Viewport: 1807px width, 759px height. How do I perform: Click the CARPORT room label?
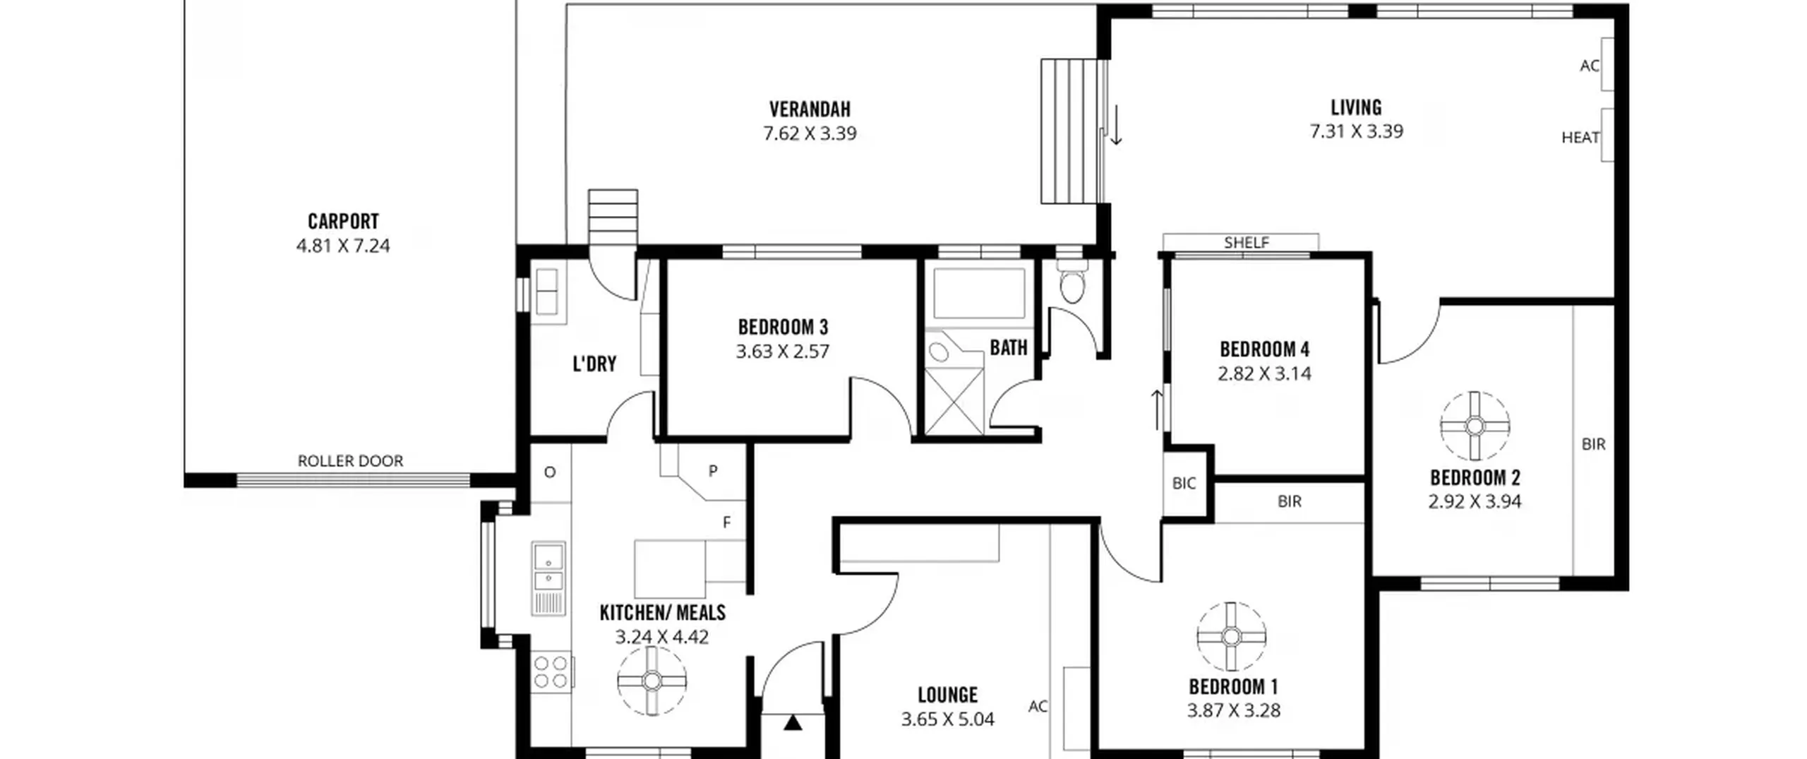[343, 222]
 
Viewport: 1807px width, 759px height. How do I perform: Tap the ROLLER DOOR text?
[350, 461]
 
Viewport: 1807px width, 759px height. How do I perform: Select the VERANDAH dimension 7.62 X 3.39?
[810, 133]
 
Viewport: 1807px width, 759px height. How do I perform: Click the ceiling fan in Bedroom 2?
[1475, 426]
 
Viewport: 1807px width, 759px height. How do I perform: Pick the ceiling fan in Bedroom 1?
[1231, 637]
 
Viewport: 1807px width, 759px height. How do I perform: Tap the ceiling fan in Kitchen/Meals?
[652, 681]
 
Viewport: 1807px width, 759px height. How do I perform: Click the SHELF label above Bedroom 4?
[1247, 243]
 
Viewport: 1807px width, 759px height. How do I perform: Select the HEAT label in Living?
[1580, 138]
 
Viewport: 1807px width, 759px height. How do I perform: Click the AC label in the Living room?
[1590, 66]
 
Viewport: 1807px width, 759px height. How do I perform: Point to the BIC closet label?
[1184, 484]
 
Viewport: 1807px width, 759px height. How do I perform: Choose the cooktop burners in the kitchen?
[551, 671]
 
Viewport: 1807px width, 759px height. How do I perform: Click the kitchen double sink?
[548, 567]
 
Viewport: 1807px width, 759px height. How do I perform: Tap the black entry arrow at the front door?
[793, 722]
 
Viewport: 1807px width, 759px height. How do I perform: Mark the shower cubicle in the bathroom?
[954, 401]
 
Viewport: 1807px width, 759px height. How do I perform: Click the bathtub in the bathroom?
[979, 293]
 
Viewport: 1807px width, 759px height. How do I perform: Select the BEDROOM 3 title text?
[783, 328]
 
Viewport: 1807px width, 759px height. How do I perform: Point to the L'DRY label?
[594, 364]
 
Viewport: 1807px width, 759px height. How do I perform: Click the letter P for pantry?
[713, 471]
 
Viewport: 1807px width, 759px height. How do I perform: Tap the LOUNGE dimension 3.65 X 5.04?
[947, 719]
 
